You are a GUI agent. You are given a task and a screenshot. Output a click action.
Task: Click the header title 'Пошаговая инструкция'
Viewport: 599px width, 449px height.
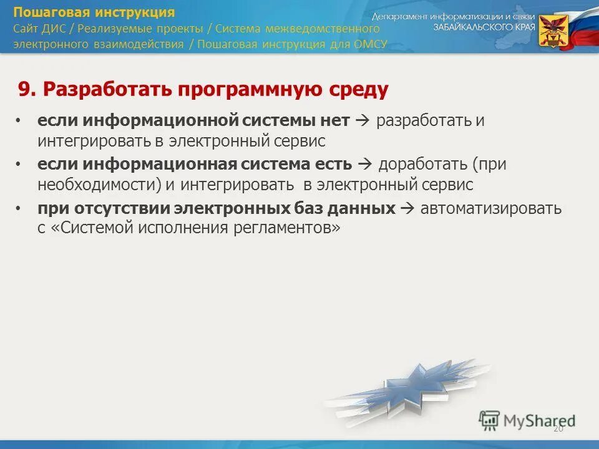(x=94, y=12)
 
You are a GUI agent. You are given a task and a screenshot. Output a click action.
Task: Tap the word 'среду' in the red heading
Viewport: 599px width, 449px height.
(x=359, y=90)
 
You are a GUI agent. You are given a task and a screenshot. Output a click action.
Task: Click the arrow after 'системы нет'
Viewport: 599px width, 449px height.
(x=362, y=120)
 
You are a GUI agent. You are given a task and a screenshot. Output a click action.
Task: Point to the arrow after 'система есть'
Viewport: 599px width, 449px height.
(x=366, y=165)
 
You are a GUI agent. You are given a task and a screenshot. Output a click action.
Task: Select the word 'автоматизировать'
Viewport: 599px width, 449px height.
(x=491, y=208)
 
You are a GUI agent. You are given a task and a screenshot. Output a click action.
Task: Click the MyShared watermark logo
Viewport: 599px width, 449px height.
(x=527, y=420)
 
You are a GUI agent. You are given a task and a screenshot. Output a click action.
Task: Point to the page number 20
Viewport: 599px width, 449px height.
(x=558, y=428)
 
